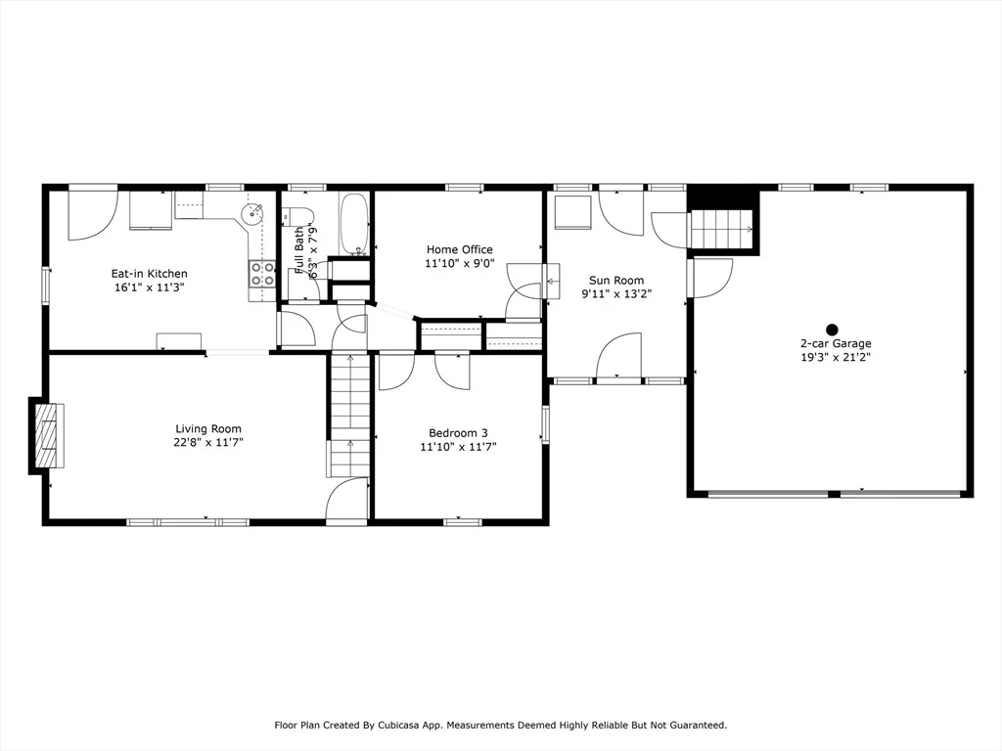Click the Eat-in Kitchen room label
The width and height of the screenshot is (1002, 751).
(149, 274)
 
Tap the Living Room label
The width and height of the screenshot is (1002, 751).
(208, 429)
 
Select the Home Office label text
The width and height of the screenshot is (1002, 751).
(460, 249)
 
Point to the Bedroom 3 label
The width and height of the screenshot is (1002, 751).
(458, 433)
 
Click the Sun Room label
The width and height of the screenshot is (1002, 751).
(616, 281)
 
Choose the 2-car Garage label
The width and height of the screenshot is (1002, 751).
(836, 343)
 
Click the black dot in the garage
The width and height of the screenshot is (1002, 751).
(832, 330)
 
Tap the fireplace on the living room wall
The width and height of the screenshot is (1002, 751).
(47, 435)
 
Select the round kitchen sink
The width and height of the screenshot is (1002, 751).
(252, 212)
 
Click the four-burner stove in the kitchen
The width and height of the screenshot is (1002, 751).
(262, 274)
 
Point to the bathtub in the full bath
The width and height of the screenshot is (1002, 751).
(354, 224)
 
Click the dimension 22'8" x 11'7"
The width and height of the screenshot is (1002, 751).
(208, 443)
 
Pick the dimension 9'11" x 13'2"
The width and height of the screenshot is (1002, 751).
(616, 294)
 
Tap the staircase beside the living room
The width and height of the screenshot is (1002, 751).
(349, 415)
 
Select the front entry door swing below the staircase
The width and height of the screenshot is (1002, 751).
(347, 502)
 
